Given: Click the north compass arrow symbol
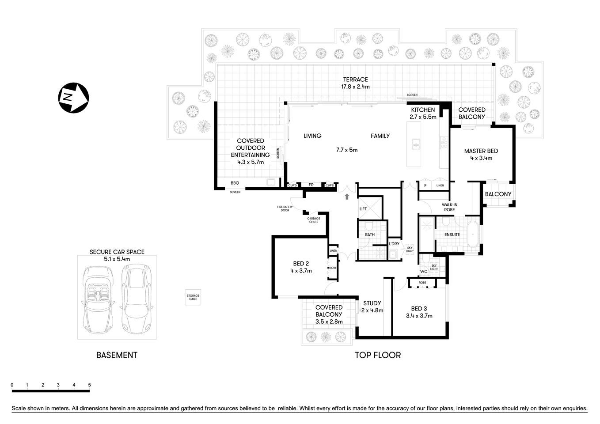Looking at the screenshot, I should (x=73, y=97).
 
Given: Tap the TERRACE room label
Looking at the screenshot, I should (x=356, y=79).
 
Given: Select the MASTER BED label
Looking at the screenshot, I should (x=481, y=151).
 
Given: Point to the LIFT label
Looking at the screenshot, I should (x=363, y=209).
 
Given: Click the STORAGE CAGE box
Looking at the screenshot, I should (x=193, y=297).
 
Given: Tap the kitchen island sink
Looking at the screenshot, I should (x=415, y=144).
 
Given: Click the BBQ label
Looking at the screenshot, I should (x=235, y=183).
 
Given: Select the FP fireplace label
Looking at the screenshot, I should (x=311, y=185).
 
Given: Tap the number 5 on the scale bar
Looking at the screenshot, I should (x=89, y=385).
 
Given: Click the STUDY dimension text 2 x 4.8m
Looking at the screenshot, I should (x=372, y=310).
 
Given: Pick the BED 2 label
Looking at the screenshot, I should (x=301, y=264).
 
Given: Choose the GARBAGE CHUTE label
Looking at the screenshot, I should (x=314, y=220).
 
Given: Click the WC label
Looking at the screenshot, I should (x=423, y=271).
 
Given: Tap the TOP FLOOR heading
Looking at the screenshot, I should (x=378, y=355).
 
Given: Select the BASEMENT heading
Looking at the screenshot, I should (x=117, y=355).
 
